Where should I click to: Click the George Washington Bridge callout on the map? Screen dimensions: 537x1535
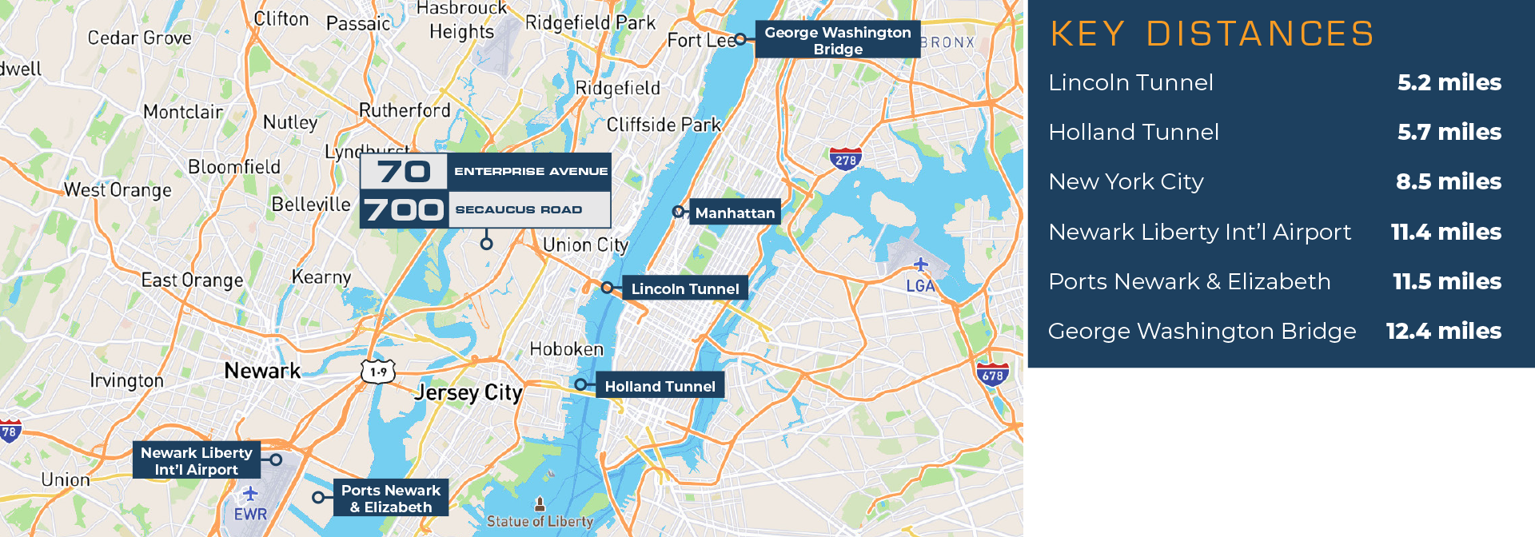[837, 40]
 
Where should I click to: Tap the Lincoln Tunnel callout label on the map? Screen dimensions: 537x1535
[685, 288]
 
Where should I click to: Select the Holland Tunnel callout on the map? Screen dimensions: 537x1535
[660, 386]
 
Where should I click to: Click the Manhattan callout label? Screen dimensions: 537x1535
[734, 213]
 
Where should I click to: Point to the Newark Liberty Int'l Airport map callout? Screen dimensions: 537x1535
[196, 460]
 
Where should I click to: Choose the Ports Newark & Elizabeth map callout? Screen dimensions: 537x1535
[390, 498]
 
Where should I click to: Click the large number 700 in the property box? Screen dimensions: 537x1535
[404, 210]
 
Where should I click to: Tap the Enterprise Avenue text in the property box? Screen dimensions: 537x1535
[531, 171]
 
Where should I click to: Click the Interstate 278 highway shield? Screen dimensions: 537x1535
[845, 159]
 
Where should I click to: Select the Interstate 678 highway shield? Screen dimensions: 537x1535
[992, 374]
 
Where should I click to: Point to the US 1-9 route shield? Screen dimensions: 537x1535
[378, 372]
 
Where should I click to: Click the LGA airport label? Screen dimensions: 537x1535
[920, 285]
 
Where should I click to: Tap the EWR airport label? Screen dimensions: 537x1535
[250, 514]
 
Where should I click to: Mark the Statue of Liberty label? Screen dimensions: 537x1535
[540, 521]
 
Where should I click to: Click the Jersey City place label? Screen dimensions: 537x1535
[468, 392]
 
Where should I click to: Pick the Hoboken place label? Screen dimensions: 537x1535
[566, 349]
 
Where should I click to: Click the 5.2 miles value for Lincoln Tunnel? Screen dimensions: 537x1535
[1449, 82]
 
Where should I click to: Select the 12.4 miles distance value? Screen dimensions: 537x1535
[1443, 331]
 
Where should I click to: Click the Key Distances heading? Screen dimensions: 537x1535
[1211, 34]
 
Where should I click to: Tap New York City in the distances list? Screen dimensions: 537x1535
[1126, 181]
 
